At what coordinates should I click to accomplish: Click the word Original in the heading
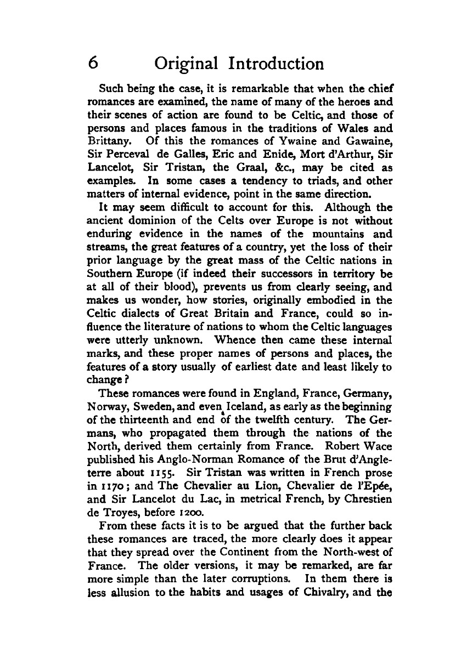click(x=185, y=65)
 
